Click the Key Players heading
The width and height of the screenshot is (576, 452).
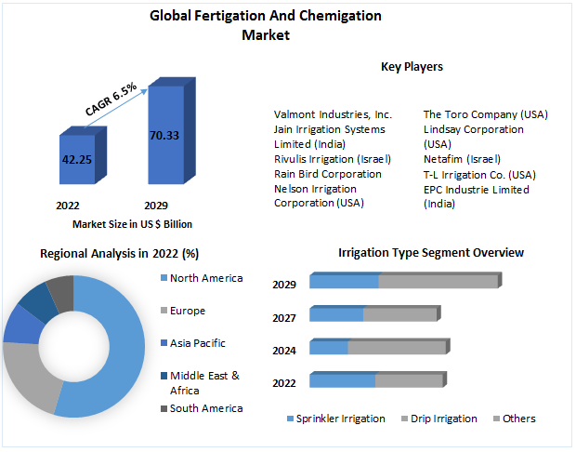pos(412,67)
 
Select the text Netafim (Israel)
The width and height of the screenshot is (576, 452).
pos(462,159)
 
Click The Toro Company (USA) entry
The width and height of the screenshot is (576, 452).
pos(485,114)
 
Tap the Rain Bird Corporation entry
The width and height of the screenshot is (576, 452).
pos(327,174)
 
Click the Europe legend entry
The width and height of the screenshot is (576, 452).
pos(188,311)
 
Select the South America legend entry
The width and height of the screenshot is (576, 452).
pos(206,408)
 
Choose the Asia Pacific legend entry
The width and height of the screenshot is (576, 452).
pos(197,343)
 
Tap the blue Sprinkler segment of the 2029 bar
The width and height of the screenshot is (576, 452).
pos(344,282)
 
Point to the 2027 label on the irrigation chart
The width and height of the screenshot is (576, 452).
pos(284,318)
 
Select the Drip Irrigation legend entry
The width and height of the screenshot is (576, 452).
pos(442,419)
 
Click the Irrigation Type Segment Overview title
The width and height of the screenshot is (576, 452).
pos(431,253)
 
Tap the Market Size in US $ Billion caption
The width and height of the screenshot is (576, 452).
pos(132,224)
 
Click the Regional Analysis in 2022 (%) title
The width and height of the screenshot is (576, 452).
pos(119,253)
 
